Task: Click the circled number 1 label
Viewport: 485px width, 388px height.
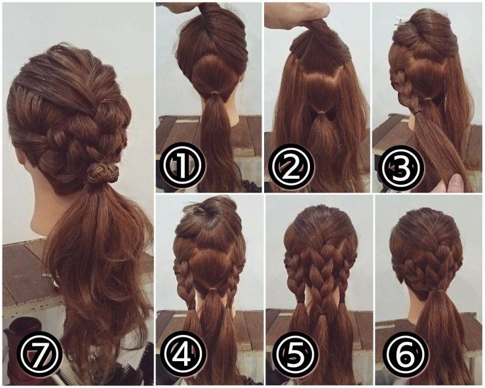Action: (184, 165)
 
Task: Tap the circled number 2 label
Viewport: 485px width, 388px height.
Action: (291, 166)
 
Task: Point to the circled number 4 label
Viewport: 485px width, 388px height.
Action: (184, 355)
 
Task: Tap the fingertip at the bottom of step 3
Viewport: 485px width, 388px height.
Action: (457, 183)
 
